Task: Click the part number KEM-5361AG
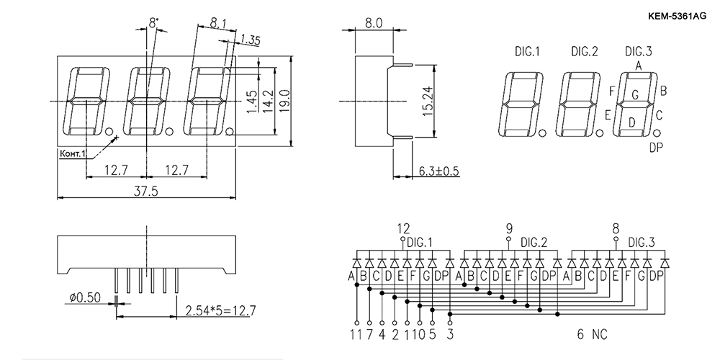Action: pyautogui.click(x=677, y=17)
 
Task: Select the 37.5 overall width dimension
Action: pyautogui.click(x=145, y=192)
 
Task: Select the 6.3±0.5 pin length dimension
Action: pyautogui.click(x=438, y=171)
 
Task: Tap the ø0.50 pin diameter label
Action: pyautogui.click(x=84, y=297)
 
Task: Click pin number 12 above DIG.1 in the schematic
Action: pyautogui.click(x=403, y=228)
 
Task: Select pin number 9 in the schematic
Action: pyautogui.click(x=508, y=228)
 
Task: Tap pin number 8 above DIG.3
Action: pyautogui.click(x=616, y=228)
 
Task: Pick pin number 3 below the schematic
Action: pyautogui.click(x=449, y=335)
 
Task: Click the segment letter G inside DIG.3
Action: pyautogui.click(x=635, y=95)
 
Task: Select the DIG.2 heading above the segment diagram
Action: pyautogui.click(x=585, y=51)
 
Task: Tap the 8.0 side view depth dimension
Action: pyautogui.click(x=374, y=24)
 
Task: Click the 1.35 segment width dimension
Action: pyautogui.click(x=250, y=40)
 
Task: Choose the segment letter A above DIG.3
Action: pyautogui.click(x=638, y=66)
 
